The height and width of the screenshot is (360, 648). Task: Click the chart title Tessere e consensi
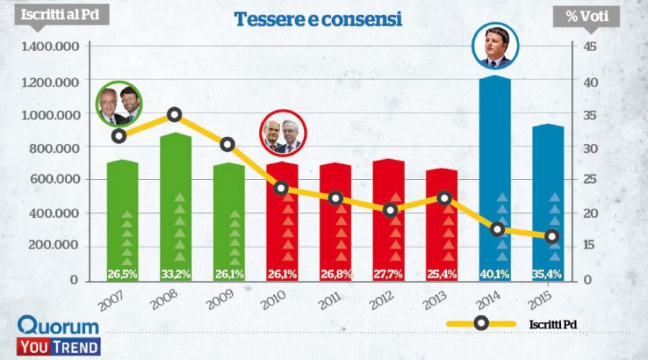pyautogui.click(x=318, y=19)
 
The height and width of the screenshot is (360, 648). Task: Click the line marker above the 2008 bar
pyautogui.click(x=174, y=114)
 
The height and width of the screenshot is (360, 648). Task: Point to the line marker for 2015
pyautogui.click(x=552, y=236)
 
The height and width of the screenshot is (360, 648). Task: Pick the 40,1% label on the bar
pyautogui.click(x=493, y=274)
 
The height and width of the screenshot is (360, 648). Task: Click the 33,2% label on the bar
pyautogui.click(x=174, y=274)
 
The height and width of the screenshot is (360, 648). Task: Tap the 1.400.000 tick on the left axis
pyautogui.click(x=49, y=48)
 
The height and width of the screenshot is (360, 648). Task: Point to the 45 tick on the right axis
pyautogui.click(x=588, y=48)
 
